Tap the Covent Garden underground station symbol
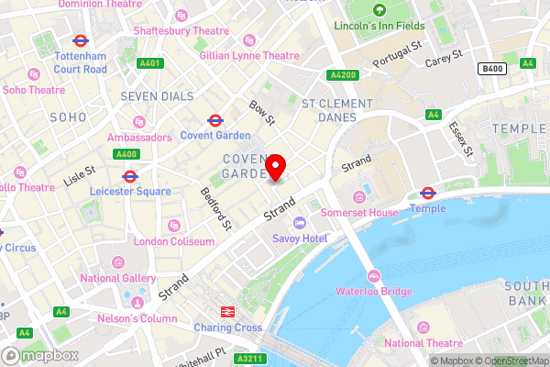pyautogui.click(x=215, y=120)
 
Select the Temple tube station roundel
pyautogui.click(x=427, y=193)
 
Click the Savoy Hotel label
pyautogui.click(x=300, y=238)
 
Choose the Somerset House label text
pyautogui.click(x=359, y=212)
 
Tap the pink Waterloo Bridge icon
pyautogui.click(x=373, y=276)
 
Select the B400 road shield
pyautogui.click(x=491, y=67)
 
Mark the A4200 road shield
pyautogui.click(x=341, y=75)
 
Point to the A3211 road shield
pyautogui.click(x=256, y=359)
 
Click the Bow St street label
pyautogui.click(x=263, y=113)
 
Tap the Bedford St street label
pyautogui.click(x=214, y=208)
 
